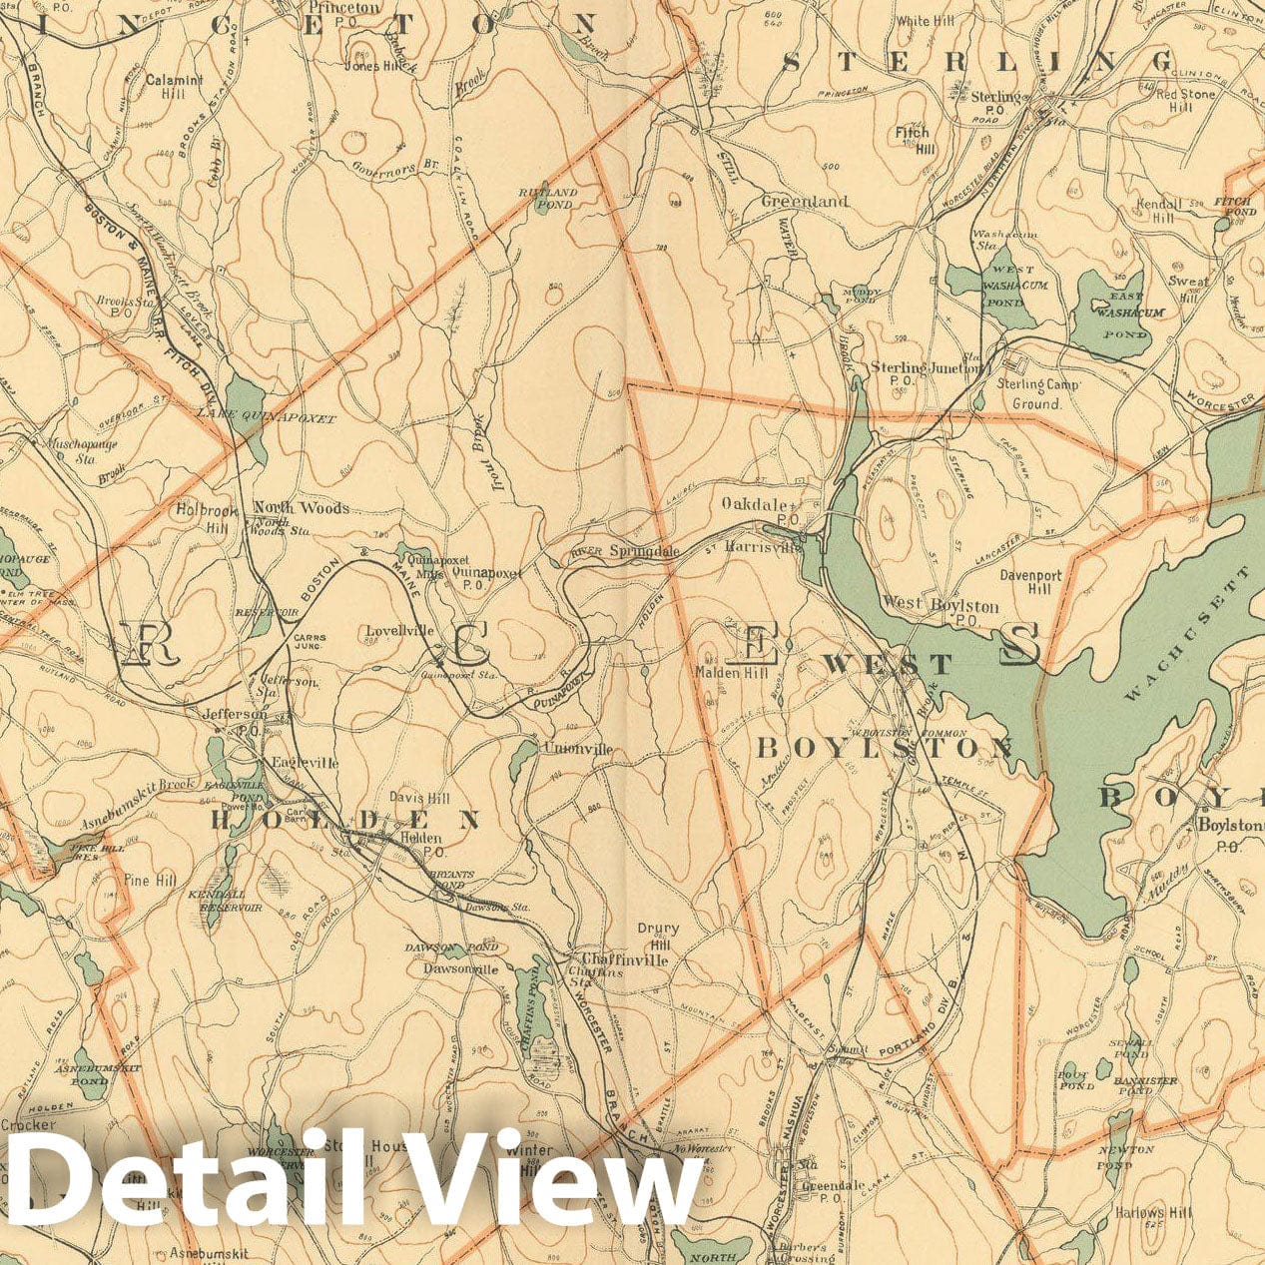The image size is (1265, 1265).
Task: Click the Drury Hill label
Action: click(x=658, y=936)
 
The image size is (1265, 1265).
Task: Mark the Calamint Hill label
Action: click(x=174, y=86)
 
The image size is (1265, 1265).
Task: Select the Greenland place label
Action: click(x=805, y=201)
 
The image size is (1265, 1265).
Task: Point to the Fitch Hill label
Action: click(x=913, y=140)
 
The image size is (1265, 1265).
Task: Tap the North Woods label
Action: click(x=301, y=508)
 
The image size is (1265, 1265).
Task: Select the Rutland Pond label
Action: click(x=547, y=198)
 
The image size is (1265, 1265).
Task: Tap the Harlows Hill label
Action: click(x=1154, y=1213)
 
